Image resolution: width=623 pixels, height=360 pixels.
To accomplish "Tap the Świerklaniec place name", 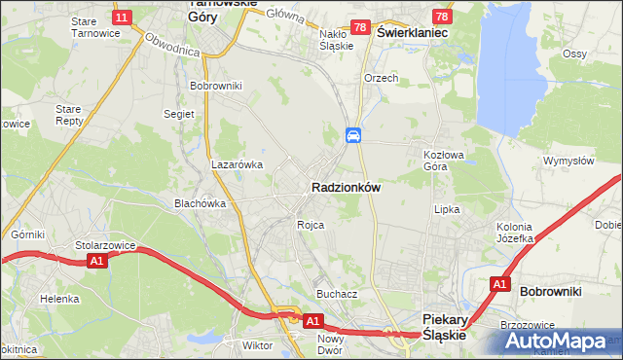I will tap(412, 32).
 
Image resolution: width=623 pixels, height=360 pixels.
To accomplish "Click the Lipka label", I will tap(447, 208).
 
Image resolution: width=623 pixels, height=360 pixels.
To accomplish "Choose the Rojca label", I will tap(311, 224).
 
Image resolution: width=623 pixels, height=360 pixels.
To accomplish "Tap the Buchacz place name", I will tap(337, 293).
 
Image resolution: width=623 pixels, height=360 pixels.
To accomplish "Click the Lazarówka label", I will tap(238, 164).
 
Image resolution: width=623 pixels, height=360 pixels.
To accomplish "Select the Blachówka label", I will tap(200, 203).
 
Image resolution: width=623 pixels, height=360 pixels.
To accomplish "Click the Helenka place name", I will tap(59, 298).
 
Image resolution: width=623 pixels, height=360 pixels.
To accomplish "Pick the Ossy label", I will tap(574, 54).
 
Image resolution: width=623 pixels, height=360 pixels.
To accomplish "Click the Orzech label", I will tap(381, 78).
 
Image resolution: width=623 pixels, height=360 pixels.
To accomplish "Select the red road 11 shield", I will tap(122, 18).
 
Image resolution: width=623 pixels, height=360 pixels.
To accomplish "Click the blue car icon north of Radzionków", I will tap(353, 135).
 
